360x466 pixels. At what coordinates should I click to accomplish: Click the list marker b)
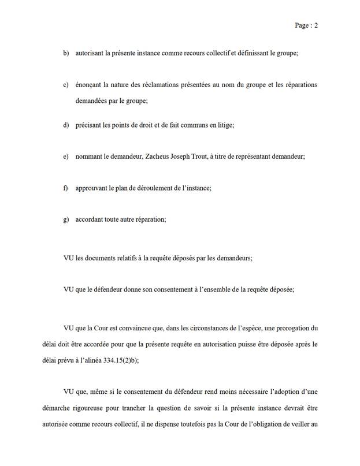66,53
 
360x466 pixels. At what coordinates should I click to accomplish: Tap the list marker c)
66,85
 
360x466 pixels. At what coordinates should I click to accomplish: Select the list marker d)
66,125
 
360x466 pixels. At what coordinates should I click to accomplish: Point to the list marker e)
66,156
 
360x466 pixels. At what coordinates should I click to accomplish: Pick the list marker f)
65,188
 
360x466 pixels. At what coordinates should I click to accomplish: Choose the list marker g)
66,219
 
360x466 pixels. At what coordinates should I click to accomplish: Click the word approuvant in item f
93,188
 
